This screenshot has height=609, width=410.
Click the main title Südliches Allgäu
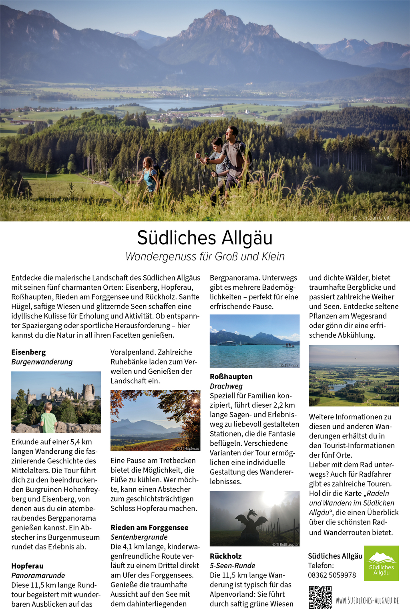point(205,238)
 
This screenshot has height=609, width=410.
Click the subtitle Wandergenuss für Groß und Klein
point(205,256)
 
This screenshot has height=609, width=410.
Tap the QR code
point(320,597)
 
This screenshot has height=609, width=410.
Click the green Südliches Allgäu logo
point(381,563)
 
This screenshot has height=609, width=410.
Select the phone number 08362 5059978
point(332,575)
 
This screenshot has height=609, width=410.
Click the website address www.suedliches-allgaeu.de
point(367,600)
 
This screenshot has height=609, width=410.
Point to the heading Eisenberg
point(28,352)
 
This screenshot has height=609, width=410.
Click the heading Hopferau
point(27,566)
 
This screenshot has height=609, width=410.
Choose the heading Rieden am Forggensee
point(149,527)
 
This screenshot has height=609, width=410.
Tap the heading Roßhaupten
point(231,377)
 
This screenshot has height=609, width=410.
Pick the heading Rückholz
point(225,556)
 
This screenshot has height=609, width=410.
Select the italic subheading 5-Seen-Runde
point(232,566)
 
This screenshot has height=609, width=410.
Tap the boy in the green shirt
point(48,418)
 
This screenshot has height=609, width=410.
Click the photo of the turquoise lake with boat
point(254,341)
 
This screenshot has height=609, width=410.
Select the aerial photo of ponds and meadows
point(354,375)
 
